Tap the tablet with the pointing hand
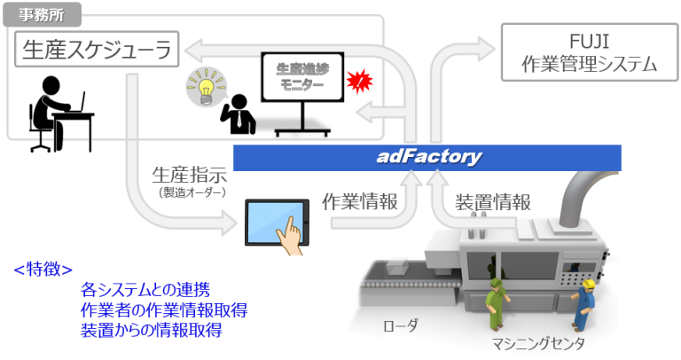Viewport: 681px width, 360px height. (x=277, y=222)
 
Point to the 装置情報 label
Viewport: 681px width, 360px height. (x=493, y=201)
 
